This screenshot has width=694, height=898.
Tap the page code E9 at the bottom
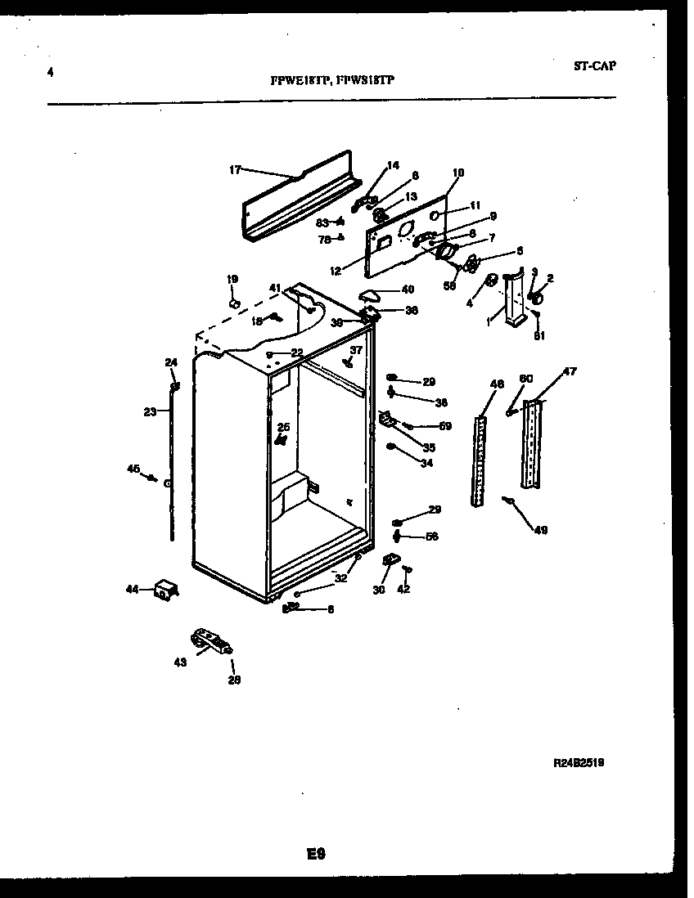click(x=317, y=854)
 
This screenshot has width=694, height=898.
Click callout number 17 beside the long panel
click(x=235, y=170)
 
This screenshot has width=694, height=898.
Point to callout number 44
click(x=133, y=588)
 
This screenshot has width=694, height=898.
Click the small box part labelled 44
click(x=166, y=590)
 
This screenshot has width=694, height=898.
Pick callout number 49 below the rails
click(x=540, y=530)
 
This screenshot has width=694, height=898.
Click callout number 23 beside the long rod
click(x=150, y=412)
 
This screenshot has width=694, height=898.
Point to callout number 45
click(x=133, y=469)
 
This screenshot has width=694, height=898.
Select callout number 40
click(x=408, y=289)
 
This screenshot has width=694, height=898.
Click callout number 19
click(x=232, y=280)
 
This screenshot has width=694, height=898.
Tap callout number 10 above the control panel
click(x=457, y=173)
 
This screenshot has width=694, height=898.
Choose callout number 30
click(x=378, y=589)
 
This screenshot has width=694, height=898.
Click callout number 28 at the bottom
click(x=234, y=678)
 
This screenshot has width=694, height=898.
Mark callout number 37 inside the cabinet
click(x=355, y=350)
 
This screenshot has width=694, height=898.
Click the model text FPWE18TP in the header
click(x=300, y=81)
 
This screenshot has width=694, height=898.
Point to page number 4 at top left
click(x=51, y=72)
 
